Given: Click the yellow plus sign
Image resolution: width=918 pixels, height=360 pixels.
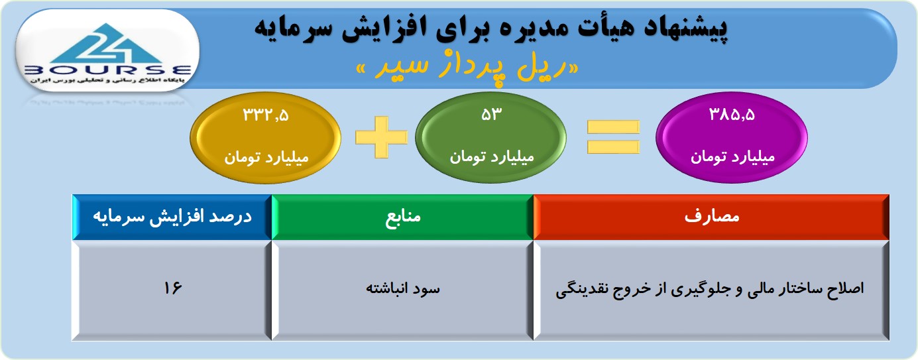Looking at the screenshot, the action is (381, 137).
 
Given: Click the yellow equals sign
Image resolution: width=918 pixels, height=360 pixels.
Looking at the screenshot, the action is (613, 137).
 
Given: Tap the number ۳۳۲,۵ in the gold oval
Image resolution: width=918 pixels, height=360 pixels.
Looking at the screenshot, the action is (266, 115).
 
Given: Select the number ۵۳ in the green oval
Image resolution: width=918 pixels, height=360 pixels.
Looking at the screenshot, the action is (491, 115).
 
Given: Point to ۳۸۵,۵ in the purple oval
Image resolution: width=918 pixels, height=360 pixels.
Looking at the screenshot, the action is (732, 115).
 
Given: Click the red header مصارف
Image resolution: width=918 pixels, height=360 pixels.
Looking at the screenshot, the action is (711, 217).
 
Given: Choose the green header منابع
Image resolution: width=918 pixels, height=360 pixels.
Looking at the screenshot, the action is (402, 217).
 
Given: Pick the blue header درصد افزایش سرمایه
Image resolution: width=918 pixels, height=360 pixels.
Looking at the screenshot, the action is (172, 217).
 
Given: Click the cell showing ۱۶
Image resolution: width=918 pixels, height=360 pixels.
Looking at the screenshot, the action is (172, 290).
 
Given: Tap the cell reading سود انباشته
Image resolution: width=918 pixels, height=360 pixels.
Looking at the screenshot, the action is (402, 290).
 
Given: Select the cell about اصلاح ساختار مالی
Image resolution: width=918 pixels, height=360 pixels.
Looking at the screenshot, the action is (711, 290).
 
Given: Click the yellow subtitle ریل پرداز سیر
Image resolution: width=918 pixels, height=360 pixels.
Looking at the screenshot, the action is (467, 67).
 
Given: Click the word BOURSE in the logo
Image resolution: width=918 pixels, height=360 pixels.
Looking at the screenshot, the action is (107, 70).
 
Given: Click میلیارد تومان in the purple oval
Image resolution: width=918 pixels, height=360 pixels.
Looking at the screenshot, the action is (732, 157).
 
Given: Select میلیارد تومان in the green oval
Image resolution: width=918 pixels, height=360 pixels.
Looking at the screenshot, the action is (491, 157).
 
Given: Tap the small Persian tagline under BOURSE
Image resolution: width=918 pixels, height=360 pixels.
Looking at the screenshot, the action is (107, 80).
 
